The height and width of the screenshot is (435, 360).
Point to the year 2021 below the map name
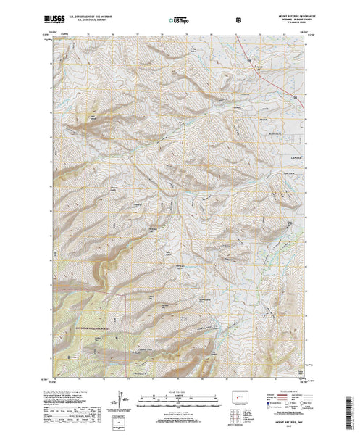click(281, 428)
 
